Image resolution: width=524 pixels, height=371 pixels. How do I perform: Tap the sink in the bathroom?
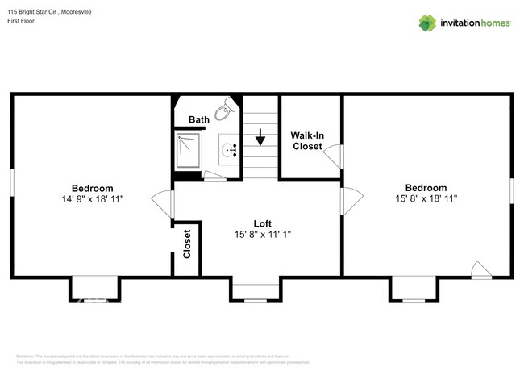click(231, 149)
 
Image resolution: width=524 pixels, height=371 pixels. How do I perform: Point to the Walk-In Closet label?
click(307, 141)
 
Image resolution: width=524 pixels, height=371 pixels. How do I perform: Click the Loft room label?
click(262, 223)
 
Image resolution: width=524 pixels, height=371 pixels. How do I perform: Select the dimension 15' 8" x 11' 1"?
click(262, 235)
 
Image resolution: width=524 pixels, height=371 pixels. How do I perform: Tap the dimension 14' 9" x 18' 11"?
click(92, 198)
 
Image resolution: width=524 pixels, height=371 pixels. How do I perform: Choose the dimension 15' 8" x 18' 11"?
click(426, 198)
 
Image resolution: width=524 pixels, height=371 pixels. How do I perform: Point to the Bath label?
click(198, 120)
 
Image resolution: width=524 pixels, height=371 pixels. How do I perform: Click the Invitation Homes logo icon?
click(426, 23)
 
